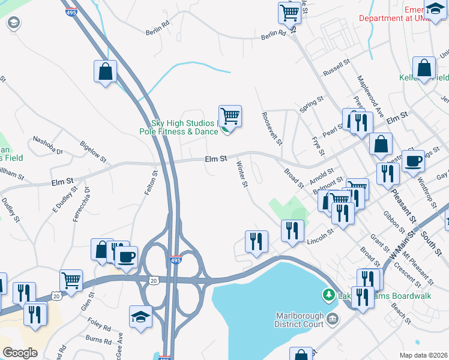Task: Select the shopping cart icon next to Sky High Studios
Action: pyautogui.click(x=230, y=115)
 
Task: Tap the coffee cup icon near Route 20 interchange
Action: pyautogui.click(x=126, y=257)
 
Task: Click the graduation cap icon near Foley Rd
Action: pyautogui.click(x=141, y=316)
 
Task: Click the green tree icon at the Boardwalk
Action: pyautogui.click(x=329, y=295)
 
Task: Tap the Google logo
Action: pyautogui.click(x=20, y=352)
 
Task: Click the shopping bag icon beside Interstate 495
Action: pyautogui.click(x=106, y=71)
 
